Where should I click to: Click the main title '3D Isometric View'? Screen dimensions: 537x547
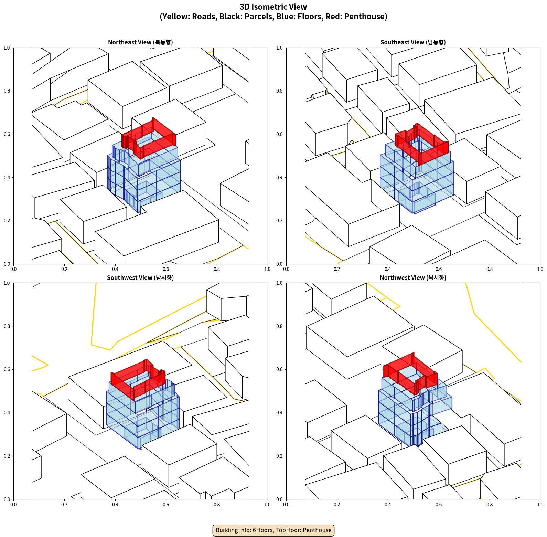click(273, 7)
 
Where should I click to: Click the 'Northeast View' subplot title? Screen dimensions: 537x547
click(140, 42)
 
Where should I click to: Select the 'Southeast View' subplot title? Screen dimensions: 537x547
click(413, 42)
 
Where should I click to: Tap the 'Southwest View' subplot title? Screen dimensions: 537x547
click(140, 278)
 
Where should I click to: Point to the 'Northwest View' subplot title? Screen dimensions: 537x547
click(413, 278)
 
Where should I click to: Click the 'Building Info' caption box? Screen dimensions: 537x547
click(273, 530)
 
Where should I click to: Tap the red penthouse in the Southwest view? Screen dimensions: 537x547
click(124, 382)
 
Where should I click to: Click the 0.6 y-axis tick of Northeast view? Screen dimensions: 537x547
click(7, 134)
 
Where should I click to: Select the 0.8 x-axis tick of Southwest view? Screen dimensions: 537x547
click(217, 505)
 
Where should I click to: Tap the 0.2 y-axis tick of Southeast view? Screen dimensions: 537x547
click(279, 221)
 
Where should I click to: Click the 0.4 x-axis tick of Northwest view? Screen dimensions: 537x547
click(388, 505)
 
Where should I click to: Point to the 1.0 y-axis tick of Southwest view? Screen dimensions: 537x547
click(7, 283)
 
